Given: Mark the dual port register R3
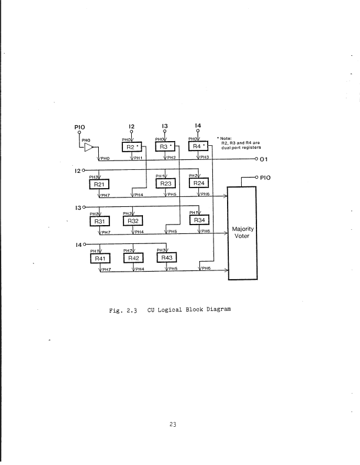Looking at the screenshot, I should point(166,146).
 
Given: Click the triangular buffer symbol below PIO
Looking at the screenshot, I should point(90,149).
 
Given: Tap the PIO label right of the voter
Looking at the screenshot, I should point(266,176).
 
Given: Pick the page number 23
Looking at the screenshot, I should point(173,424).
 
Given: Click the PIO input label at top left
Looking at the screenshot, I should point(81,125).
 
